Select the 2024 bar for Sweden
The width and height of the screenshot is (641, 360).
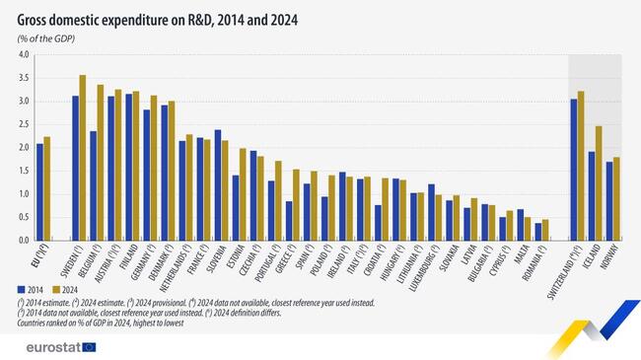[x=83, y=158]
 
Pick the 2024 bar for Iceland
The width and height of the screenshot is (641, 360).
[x=598, y=183]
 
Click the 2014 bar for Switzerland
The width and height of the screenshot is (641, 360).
[x=573, y=170]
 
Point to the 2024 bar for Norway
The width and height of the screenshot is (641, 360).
[x=616, y=198]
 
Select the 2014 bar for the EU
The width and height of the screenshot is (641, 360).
[x=39, y=192]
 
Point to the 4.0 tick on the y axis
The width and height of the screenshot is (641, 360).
[x=23, y=55]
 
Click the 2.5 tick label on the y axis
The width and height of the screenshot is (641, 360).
[x=23, y=124]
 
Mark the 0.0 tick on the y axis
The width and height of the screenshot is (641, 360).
[x=23, y=240]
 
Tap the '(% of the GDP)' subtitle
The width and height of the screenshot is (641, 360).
[x=45, y=37]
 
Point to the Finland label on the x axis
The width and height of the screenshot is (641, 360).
[x=129, y=258]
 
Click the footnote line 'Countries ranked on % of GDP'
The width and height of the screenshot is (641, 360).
[x=118, y=322]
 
